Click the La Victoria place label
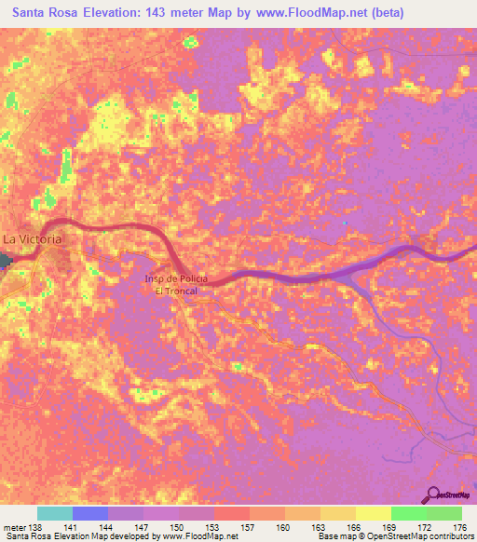click(x=34, y=239)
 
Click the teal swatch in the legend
click(x=55, y=513)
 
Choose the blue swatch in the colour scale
click(x=90, y=513)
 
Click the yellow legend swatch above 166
click(x=338, y=513)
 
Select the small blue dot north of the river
click(x=345, y=223)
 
